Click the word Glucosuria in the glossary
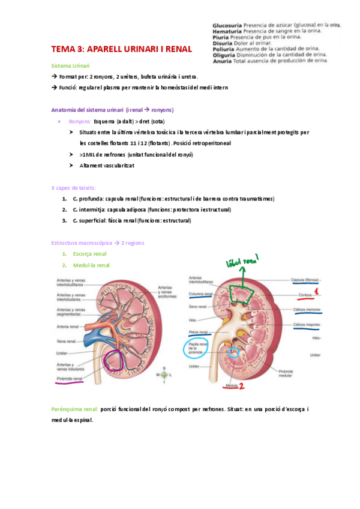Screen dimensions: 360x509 (227, 25)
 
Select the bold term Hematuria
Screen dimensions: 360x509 (226, 31)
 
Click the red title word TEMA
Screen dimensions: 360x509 (63, 49)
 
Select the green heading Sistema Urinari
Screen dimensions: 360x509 (71, 65)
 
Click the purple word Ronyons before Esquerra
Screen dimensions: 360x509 (80, 121)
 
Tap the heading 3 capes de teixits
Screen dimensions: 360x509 (73, 188)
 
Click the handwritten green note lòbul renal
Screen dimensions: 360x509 (241, 262)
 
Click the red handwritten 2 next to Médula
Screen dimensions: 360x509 (242, 388)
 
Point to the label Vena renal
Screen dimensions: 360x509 (67, 341)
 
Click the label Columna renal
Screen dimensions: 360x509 (200, 294)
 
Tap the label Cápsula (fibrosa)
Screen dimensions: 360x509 (304, 280)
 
